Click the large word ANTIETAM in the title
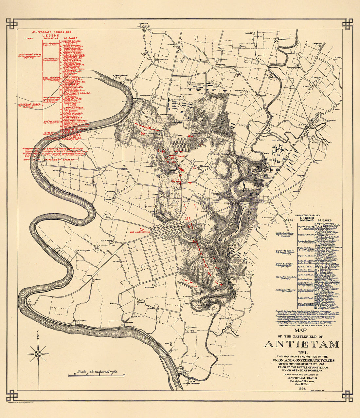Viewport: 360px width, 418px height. pos(301,344)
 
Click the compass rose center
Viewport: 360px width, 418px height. pos(38,353)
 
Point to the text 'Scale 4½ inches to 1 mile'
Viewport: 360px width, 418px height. pos(96,372)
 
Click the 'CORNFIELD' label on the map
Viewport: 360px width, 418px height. pos(179,143)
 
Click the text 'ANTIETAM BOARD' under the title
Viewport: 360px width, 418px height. pos(301,377)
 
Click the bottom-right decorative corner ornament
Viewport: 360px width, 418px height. pos(348,395)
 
